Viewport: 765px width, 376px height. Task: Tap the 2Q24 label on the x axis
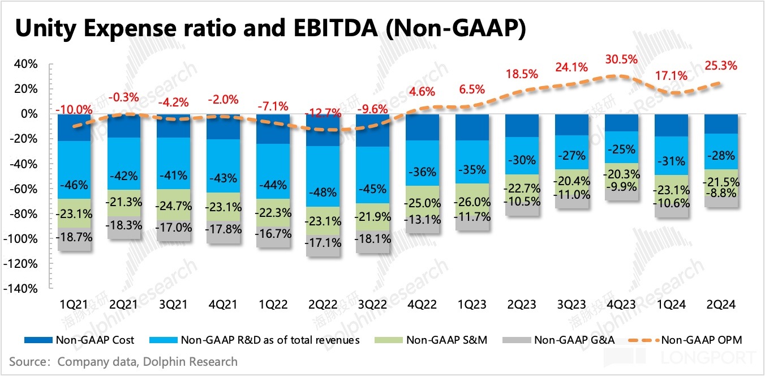click(721, 305)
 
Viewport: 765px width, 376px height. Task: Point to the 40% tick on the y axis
click(26, 64)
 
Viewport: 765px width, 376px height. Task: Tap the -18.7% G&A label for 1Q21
click(74, 237)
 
